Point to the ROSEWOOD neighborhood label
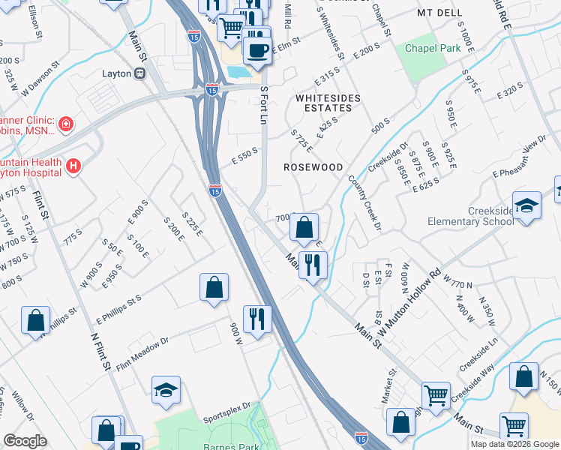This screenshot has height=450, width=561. pyautogui.click(x=313, y=167)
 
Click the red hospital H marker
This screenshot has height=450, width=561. pyautogui.click(x=73, y=166)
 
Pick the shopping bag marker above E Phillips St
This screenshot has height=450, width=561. pyautogui.click(x=214, y=288)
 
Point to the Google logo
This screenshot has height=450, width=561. pyautogui.click(x=25, y=441)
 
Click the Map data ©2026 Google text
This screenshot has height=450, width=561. pyautogui.click(x=514, y=444)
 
